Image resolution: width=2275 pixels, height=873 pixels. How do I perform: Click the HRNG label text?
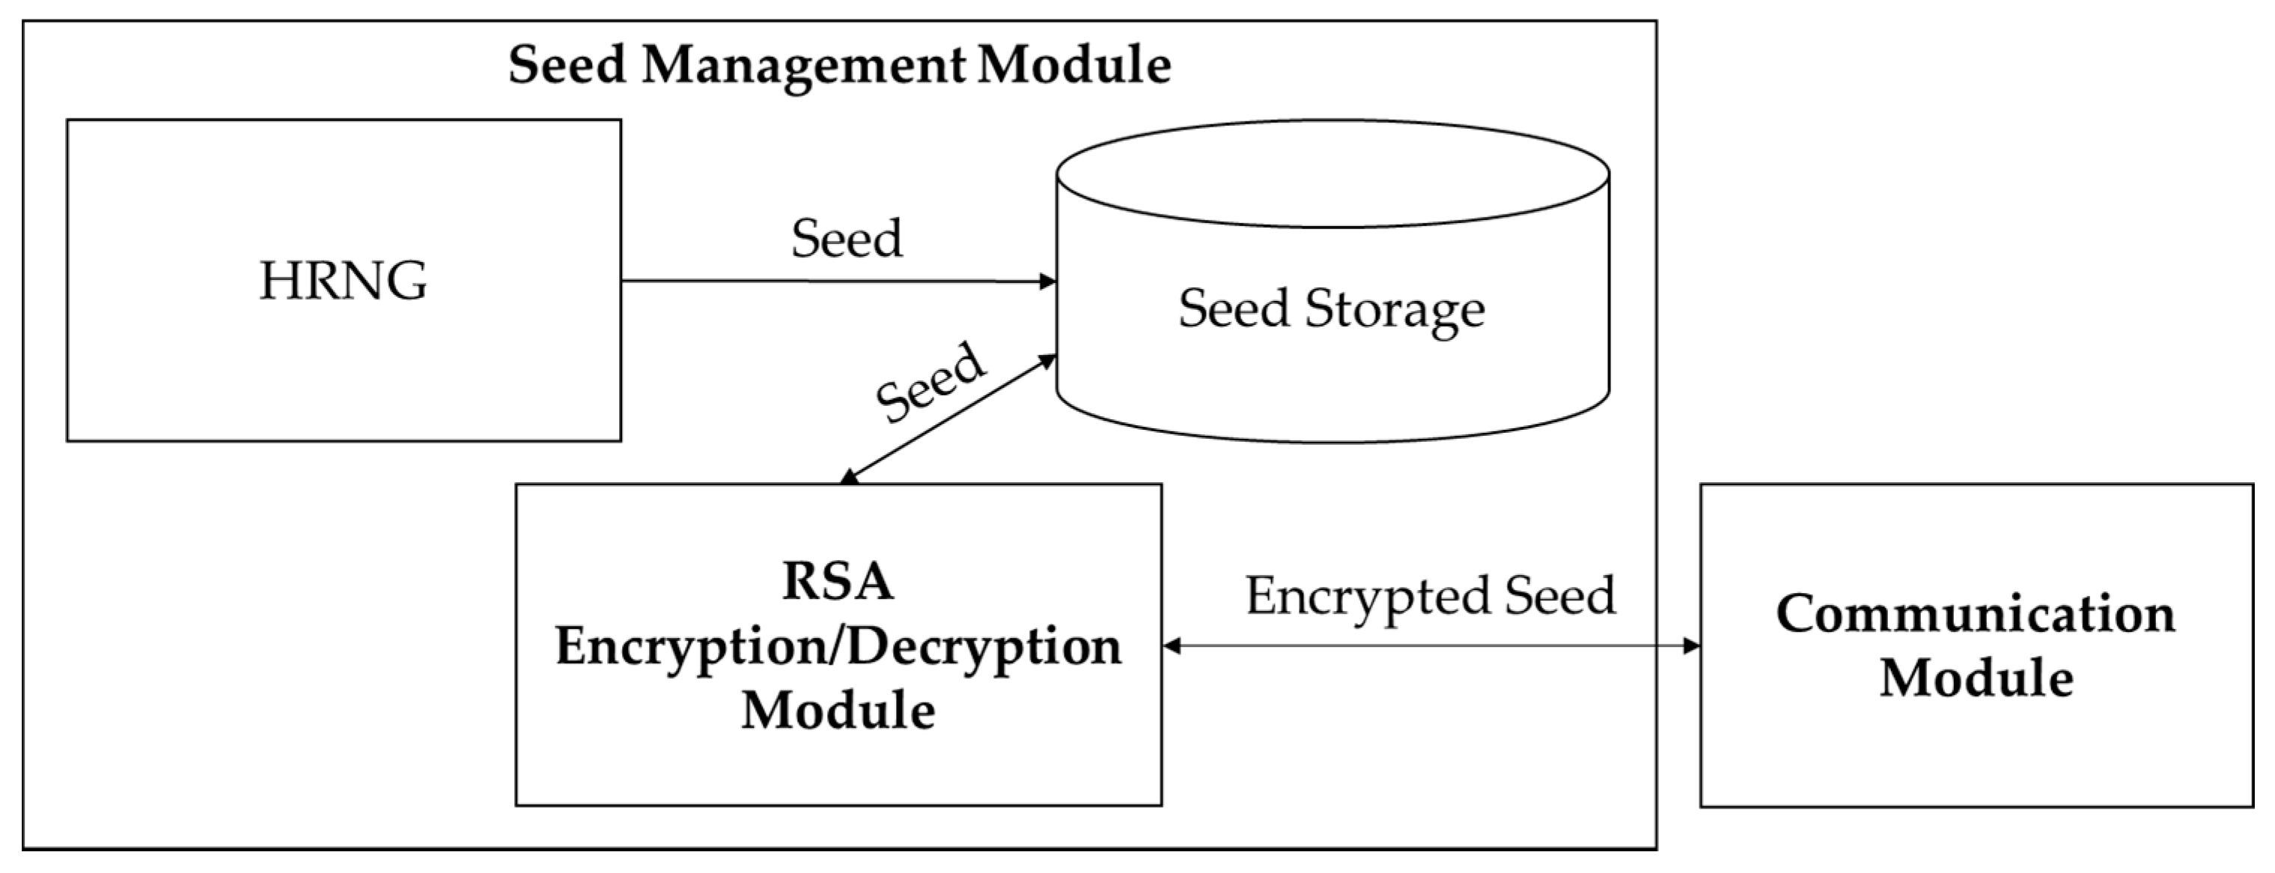[x=343, y=281]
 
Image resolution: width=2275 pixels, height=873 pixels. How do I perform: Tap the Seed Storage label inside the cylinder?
[x=1331, y=309]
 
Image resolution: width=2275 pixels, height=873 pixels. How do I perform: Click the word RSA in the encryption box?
[x=837, y=582]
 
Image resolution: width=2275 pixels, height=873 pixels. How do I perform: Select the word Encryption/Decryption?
[x=837, y=647]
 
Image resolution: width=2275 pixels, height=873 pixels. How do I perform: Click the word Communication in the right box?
[x=1976, y=613]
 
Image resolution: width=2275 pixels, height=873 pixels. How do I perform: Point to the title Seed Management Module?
[x=839, y=64]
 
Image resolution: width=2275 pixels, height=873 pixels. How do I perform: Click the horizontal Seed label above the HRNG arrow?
[x=846, y=239]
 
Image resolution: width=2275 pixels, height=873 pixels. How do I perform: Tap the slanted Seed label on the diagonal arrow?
[x=929, y=383]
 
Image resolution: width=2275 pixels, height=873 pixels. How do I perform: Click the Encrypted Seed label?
[x=1430, y=595]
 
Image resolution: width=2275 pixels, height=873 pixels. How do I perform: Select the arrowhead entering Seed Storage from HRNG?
[x=1047, y=282]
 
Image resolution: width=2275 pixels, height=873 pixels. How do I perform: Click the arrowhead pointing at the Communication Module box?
[x=1690, y=646]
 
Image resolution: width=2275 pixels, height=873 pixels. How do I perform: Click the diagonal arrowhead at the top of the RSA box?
[x=849, y=477]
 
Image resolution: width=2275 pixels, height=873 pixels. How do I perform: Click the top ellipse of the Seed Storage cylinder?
[x=1332, y=173]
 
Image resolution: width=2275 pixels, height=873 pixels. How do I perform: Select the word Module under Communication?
[x=1976, y=678]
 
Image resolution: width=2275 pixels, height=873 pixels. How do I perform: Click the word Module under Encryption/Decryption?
[x=837, y=711]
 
